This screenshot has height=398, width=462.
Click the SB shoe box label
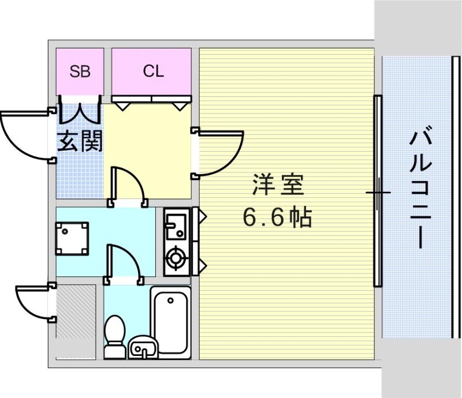(80, 72)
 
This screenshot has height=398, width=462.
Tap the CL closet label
(153, 72)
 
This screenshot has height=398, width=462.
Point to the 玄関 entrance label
(80, 141)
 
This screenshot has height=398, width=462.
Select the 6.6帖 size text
(277, 217)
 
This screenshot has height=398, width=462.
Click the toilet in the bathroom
(115, 335)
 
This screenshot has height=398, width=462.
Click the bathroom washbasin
(143, 348)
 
